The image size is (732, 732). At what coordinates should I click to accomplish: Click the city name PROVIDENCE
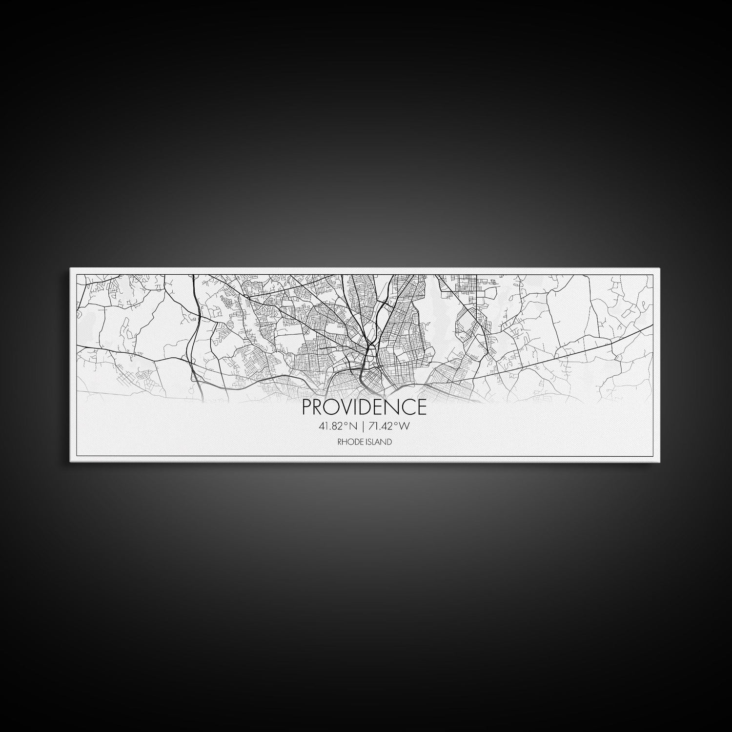(x=364, y=407)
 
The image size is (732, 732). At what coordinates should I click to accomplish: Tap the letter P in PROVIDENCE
(x=307, y=407)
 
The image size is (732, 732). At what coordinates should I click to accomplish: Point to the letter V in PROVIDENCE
(x=346, y=407)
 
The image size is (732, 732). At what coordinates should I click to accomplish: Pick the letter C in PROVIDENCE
(x=409, y=407)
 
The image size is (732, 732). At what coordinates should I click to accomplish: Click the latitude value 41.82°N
(x=337, y=427)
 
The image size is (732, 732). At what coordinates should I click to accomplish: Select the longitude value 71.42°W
(x=388, y=427)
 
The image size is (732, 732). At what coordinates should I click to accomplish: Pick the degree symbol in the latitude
(x=346, y=424)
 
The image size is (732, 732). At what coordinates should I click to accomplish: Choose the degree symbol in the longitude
(x=396, y=424)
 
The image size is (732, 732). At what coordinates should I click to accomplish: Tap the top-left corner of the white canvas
(x=70, y=268)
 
